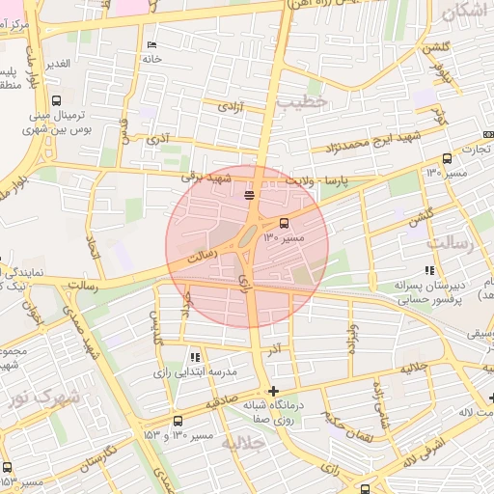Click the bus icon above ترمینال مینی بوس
[x=56, y=100]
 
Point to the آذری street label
[x=157, y=140]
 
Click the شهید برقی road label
[x=207, y=177]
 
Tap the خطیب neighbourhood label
[x=302, y=100]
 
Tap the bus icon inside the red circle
[x=283, y=223]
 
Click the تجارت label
[x=475, y=150]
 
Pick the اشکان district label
[x=466, y=14]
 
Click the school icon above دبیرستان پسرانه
[x=429, y=271]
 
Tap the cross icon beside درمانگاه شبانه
[x=273, y=391]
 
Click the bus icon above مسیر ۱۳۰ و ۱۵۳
[x=178, y=422]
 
